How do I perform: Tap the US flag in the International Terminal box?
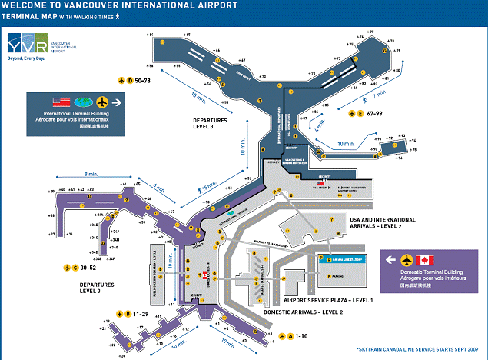[x=61, y=102]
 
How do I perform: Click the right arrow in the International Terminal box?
[x=118, y=102]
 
